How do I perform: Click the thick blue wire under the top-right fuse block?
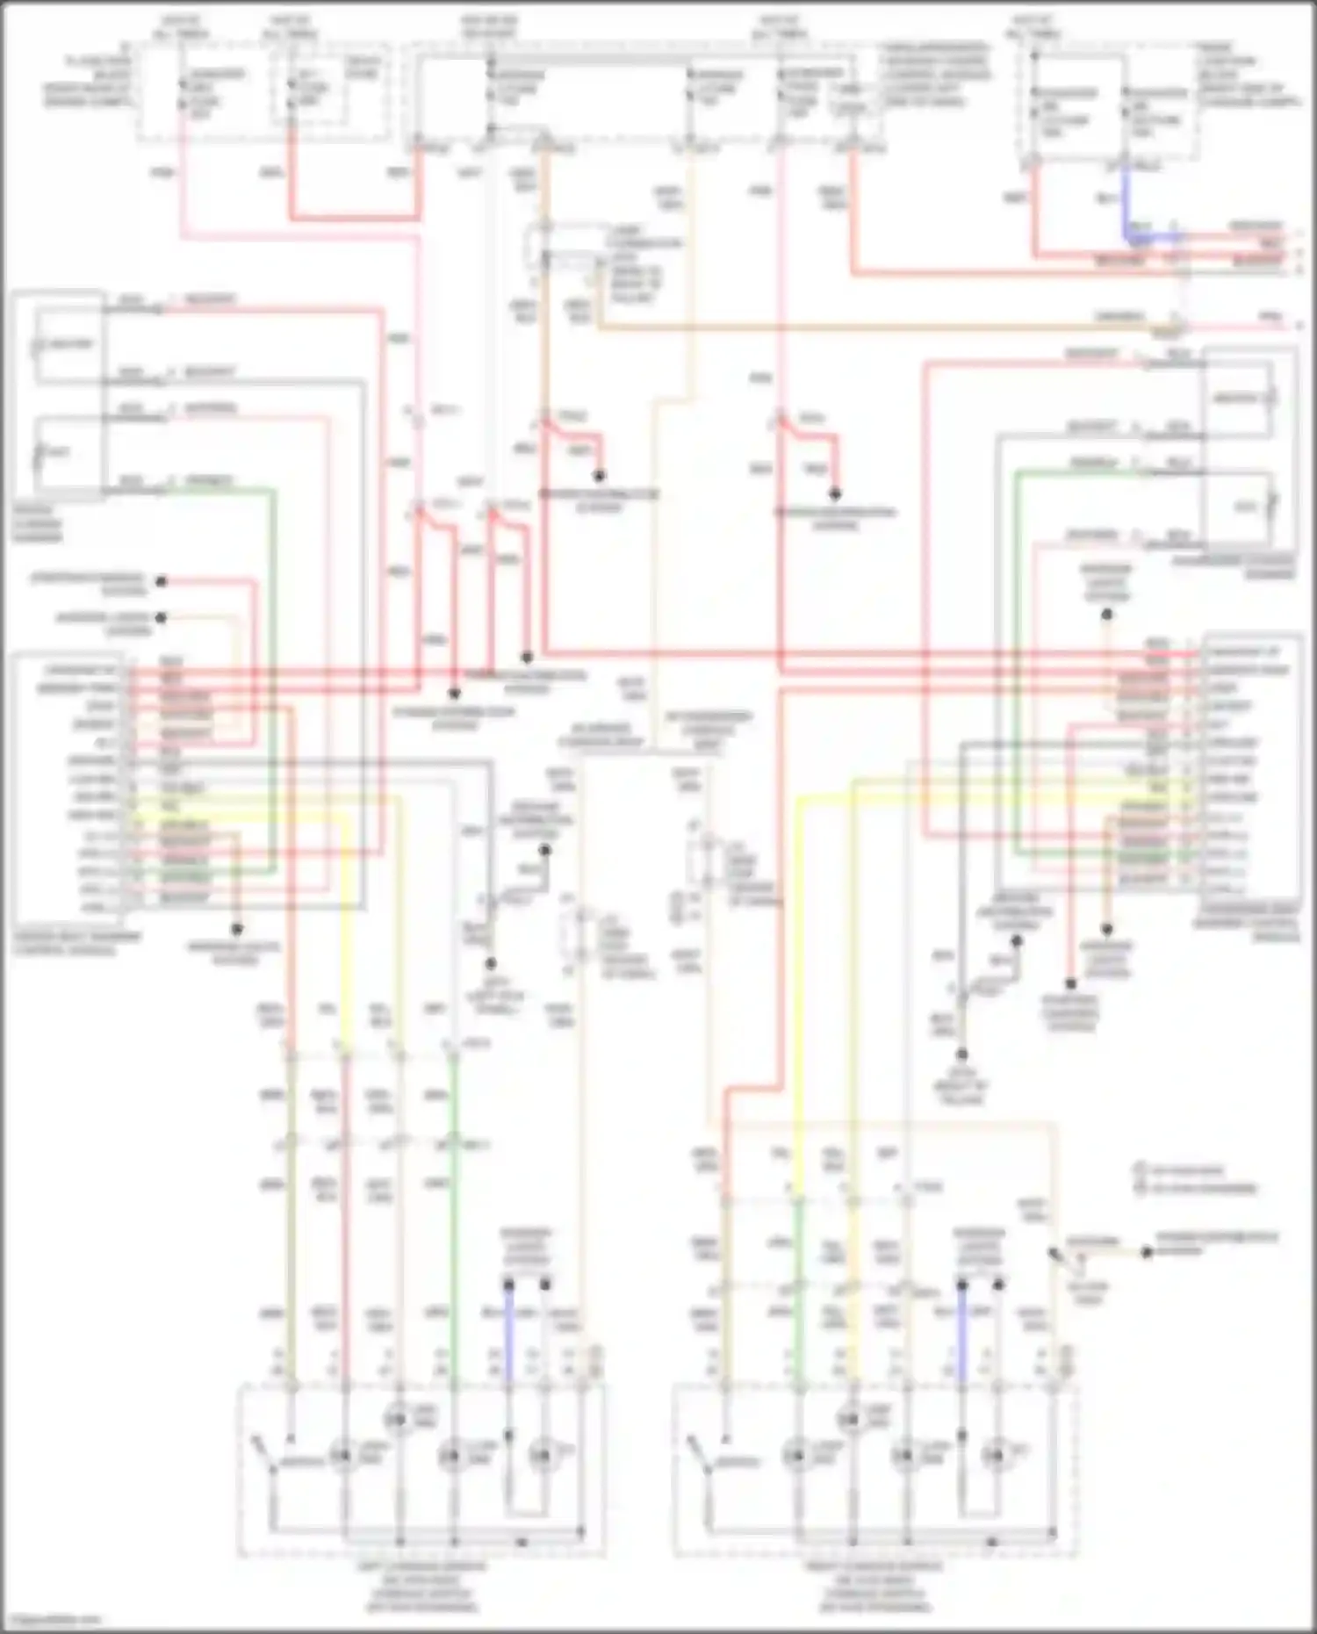coord(1125,206)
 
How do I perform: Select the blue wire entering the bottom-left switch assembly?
coord(508,1335)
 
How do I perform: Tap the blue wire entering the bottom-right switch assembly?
coord(961,1335)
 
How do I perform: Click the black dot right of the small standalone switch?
coord(1146,1252)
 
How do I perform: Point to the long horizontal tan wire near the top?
coord(878,328)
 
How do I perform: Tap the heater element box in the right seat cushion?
coord(1237,399)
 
